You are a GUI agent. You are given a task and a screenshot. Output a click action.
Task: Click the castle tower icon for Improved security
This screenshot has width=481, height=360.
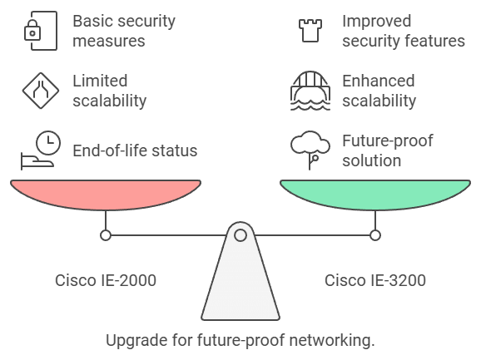click(310, 29)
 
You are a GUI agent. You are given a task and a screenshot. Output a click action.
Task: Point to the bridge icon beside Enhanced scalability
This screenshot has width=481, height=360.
click(310, 90)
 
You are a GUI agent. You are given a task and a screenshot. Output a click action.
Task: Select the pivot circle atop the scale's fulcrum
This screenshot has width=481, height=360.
click(240, 235)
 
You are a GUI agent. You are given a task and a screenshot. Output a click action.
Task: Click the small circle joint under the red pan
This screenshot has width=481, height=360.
click(106, 235)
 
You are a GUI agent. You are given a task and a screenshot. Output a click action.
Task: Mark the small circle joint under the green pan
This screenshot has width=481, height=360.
click(375, 235)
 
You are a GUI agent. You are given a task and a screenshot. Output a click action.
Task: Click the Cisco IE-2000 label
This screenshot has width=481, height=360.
click(106, 280)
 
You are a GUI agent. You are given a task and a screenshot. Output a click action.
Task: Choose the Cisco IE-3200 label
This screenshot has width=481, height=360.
click(375, 280)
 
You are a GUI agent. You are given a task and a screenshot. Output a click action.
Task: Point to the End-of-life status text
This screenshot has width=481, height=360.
click(135, 150)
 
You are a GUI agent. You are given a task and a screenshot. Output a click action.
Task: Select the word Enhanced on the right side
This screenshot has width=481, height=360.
click(379, 81)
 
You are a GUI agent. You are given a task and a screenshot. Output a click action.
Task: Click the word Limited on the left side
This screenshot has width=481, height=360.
click(100, 81)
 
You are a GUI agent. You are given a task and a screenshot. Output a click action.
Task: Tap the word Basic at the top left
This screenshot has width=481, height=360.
click(92, 20)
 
